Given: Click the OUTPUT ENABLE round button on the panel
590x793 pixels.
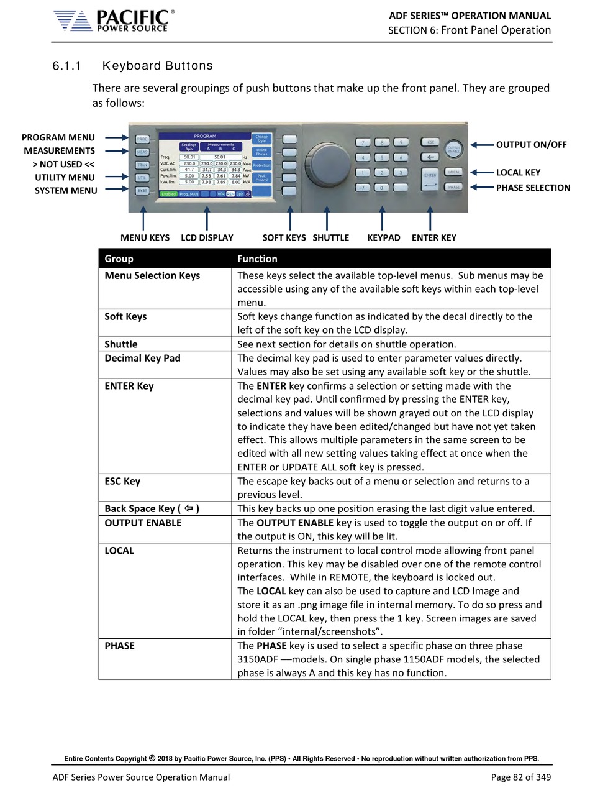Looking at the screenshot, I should click(x=455, y=149).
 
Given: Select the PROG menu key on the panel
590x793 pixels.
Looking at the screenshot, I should click(x=142, y=139).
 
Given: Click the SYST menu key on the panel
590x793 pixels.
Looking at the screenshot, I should click(x=142, y=191).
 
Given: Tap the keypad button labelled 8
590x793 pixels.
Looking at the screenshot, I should click(x=383, y=142).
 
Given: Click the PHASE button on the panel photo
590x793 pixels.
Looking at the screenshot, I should click(x=454, y=187).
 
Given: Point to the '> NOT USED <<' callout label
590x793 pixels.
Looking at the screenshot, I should click(x=63, y=164).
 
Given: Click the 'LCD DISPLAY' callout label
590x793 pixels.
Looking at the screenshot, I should click(x=207, y=237).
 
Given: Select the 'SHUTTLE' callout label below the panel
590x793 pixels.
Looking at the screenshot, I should click(x=330, y=237).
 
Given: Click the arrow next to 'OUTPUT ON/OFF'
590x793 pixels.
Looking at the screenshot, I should click(x=481, y=145).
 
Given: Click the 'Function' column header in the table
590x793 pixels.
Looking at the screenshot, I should click(x=257, y=259).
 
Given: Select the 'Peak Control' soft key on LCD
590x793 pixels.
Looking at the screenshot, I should click(x=261, y=178).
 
